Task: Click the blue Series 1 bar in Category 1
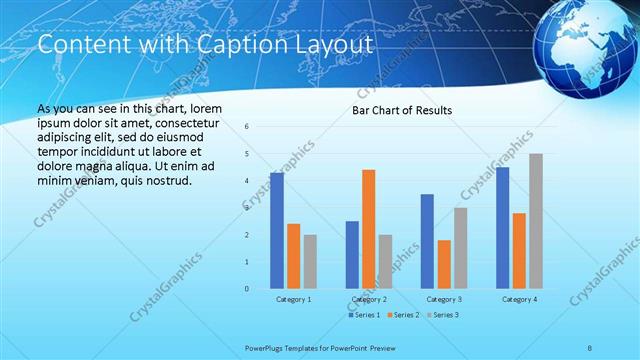(x=277, y=231)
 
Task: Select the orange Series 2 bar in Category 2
(x=368, y=229)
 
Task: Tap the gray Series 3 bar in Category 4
(x=536, y=221)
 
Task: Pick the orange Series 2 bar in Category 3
(x=444, y=264)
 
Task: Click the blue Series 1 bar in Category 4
(x=502, y=228)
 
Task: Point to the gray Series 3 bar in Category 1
(x=310, y=262)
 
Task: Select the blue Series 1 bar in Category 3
(x=427, y=241)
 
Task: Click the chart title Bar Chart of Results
(x=401, y=110)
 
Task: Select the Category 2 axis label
(x=368, y=299)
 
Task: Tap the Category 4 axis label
(x=519, y=299)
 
